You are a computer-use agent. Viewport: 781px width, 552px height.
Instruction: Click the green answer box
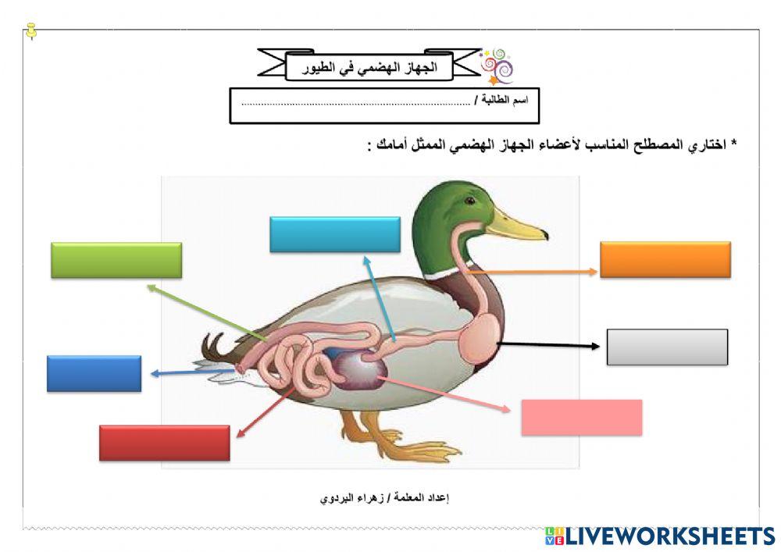tap(116, 260)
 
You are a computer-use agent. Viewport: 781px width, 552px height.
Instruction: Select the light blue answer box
tap(334, 234)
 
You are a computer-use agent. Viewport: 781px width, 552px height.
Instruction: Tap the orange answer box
tap(665, 259)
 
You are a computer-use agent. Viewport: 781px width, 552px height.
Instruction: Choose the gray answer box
tap(667, 347)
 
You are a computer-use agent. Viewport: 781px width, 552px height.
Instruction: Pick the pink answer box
tap(581, 417)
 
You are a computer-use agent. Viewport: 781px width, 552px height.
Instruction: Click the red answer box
tap(164, 443)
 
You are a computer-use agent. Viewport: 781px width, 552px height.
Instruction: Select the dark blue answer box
tap(94, 373)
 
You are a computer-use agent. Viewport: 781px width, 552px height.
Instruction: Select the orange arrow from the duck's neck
tap(539, 272)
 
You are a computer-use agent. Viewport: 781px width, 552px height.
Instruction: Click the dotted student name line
tap(355, 102)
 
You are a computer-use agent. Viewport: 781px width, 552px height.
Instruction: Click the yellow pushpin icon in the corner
tap(30, 31)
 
